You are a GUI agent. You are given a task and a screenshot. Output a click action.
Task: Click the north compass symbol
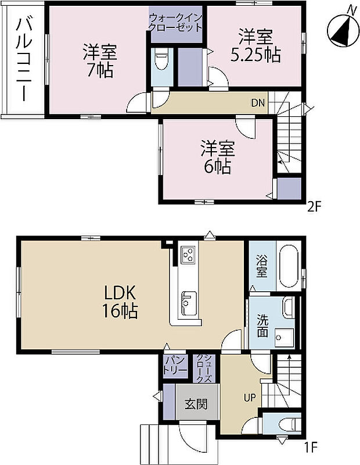coord(341,28)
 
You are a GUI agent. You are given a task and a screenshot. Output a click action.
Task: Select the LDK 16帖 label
coord(121,301)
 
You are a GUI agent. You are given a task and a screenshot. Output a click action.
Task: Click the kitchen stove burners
coord(189,255)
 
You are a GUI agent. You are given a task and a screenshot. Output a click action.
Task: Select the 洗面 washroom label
coord(262,325)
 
